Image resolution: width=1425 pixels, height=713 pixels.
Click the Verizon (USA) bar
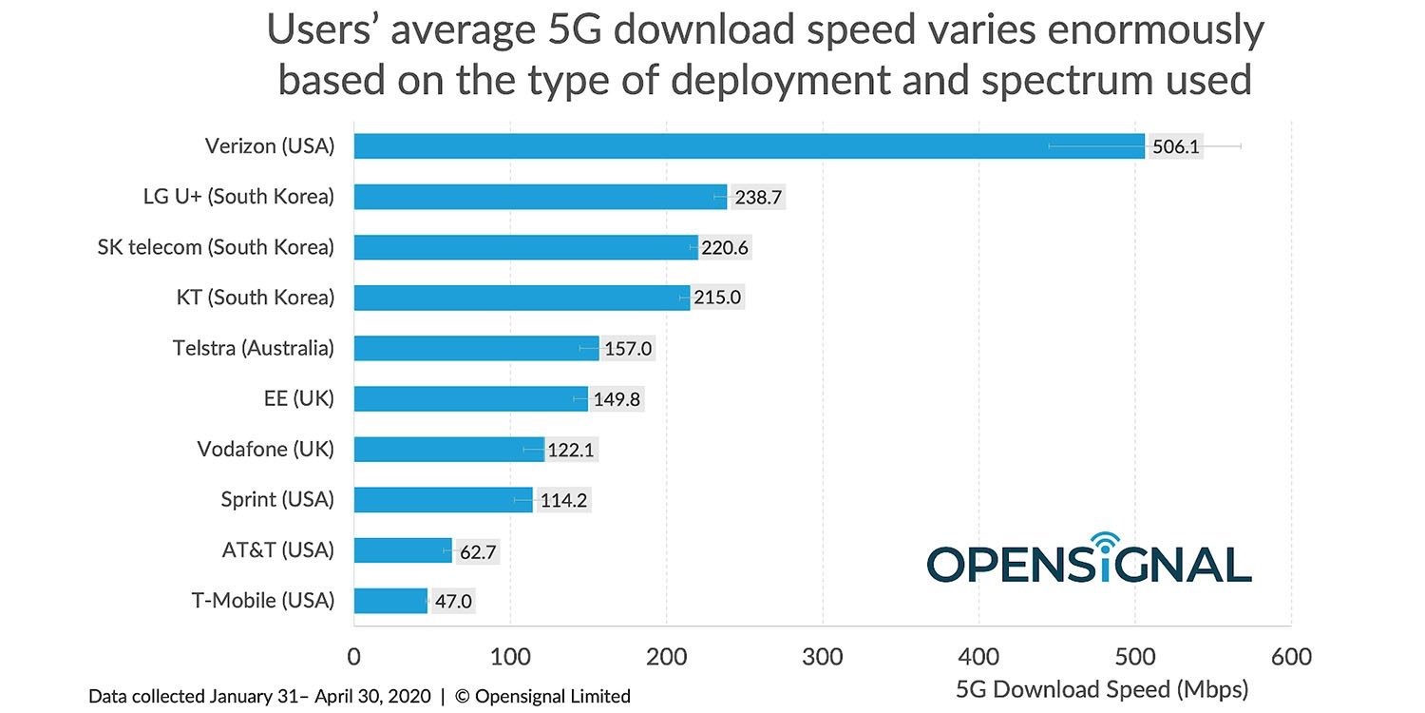coord(749,146)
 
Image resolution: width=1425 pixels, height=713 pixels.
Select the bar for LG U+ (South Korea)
coord(540,197)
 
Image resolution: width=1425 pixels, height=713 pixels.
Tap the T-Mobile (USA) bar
coord(390,601)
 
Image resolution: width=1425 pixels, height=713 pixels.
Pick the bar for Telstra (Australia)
coord(476,348)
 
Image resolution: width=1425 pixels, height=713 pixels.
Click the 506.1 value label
coord(1175,146)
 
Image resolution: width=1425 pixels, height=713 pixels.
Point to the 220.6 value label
coord(726,247)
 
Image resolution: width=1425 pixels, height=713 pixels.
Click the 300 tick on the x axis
coord(823,657)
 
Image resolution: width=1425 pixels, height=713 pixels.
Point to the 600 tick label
coord(1290,657)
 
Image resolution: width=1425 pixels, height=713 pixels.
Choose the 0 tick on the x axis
coord(354,657)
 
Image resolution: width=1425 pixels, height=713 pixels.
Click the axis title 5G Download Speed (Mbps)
coord(1102,688)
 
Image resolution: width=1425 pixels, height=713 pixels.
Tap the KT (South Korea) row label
coord(256,298)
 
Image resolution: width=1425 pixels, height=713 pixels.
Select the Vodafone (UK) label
coord(266,449)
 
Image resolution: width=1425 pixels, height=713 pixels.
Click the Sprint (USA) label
coord(277,499)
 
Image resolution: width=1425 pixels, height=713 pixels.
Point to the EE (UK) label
coord(299,398)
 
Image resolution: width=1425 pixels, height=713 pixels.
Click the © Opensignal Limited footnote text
coord(542,696)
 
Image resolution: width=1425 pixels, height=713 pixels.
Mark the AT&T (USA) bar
coord(403,550)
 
